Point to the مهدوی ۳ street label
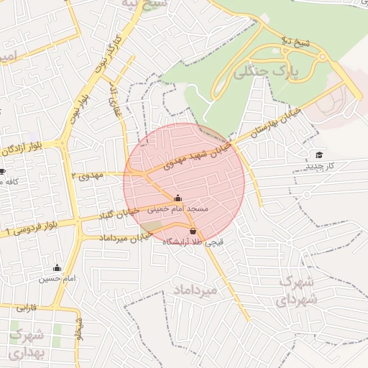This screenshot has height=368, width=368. (89, 175)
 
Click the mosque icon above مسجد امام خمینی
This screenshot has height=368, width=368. (178, 198)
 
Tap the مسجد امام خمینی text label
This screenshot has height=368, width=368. (178, 208)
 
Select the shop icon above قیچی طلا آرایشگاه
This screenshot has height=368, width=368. (193, 231)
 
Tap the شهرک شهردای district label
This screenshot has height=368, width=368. (295, 290)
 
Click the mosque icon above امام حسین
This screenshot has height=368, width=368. (57, 268)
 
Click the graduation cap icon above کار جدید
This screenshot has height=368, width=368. (319, 155)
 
